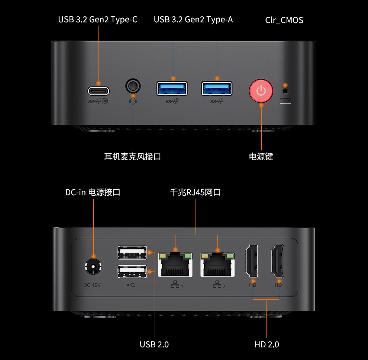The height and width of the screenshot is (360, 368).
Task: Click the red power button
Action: point(261,90)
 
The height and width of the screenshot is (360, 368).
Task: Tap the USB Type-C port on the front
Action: point(99,90)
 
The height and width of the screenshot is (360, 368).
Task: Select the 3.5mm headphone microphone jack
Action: point(133,86)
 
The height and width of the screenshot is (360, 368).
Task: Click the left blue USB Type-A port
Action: point(172,89)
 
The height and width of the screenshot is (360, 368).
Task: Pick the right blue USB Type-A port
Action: point(217,89)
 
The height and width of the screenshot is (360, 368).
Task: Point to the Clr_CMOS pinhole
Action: point(285,90)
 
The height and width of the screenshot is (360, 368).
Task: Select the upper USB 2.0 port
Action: point(132,253)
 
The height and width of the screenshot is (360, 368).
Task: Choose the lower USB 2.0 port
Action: point(132,271)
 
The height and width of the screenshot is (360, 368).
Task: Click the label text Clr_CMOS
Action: point(284,20)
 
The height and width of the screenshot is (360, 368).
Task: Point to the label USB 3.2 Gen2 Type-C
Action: point(97,19)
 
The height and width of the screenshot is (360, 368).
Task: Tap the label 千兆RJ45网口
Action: point(196,192)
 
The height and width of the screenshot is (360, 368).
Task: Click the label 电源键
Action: point(261,157)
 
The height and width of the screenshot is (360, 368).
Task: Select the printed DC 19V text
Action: point(92,285)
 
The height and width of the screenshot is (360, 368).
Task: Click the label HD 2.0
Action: point(267,344)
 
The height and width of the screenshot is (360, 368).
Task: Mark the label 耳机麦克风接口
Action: point(132,157)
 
